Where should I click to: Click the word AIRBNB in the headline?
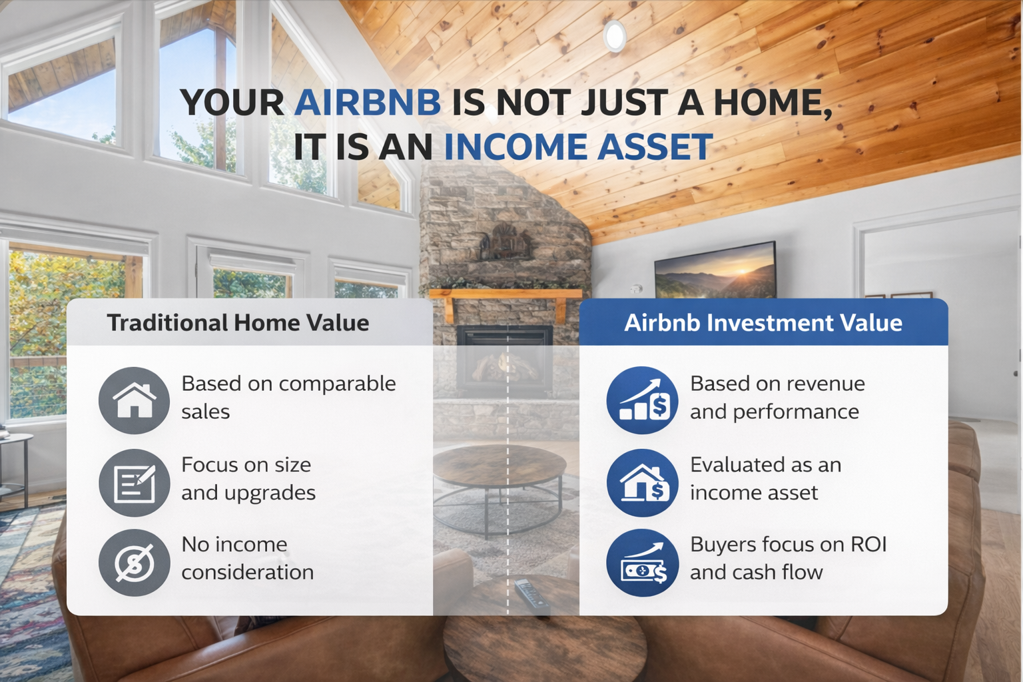pyautogui.click(x=367, y=103)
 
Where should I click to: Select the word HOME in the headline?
pyautogui.click(x=768, y=103)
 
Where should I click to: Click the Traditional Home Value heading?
pyautogui.click(x=238, y=323)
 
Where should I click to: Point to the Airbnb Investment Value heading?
pyautogui.click(x=763, y=323)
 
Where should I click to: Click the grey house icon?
pyautogui.click(x=135, y=400)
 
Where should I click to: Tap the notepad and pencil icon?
pyautogui.click(x=135, y=482)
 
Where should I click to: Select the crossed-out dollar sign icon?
pyautogui.click(x=135, y=563)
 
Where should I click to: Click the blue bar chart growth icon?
pyautogui.click(x=642, y=400)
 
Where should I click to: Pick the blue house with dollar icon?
pyautogui.click(x=642, y=482)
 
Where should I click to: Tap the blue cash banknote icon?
pyautogui.click(x=642, y=563)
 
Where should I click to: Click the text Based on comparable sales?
pyautogui.click(x=288, y=398)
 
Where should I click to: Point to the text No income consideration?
pyautogui.click(x=247, y=558)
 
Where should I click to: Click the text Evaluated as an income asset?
pyautogui.click(x=765, y=478)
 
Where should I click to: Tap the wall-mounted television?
pyautogui.click(x=715, y=270)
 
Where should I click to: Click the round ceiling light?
pyautogui.click(x=614, y=35)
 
